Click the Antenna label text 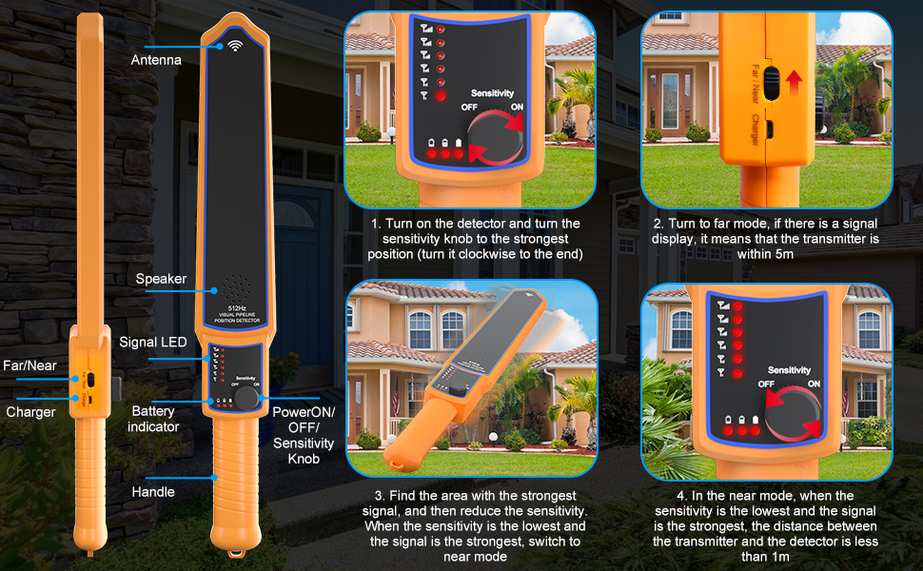point(156,60)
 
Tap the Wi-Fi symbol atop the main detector point(234,44)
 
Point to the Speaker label point(161,280)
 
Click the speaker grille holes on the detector point(234,287)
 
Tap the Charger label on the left point(30,412)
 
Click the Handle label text point(153,492)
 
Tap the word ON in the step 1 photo point(518,108)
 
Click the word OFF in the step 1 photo point(469,108)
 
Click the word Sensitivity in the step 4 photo point(789,370)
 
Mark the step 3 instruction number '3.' point(378,496)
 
